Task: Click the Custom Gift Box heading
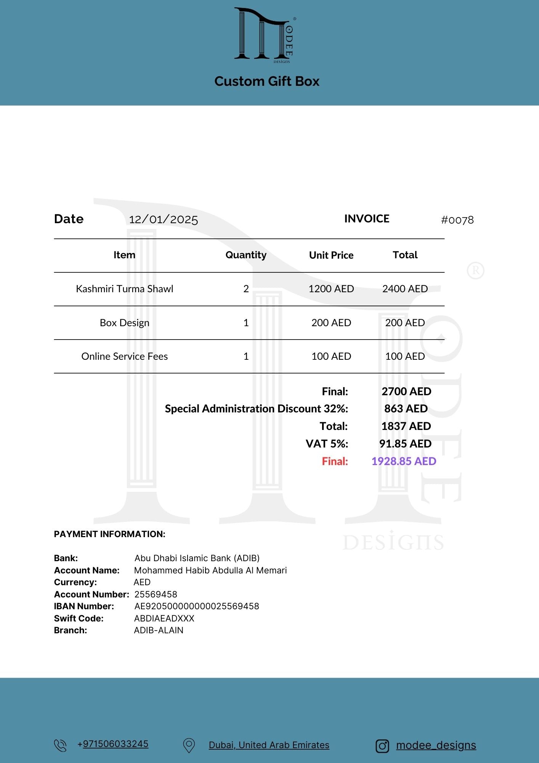(x=267, y=81)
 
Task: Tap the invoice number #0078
(x=457, y=220)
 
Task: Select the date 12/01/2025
(x=163, y=220)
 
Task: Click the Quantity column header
(x=246, y=255)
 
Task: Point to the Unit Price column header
(x=331, y=255)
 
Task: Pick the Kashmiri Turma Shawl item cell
(x=124, y=289)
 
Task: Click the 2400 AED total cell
(x=405, y=289)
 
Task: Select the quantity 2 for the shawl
(x=246, y=289)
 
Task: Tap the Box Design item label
(x=124, y=323)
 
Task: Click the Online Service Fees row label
(x=124, y=356)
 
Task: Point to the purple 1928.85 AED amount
(x=404, y=461)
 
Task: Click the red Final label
(x=335, y=461)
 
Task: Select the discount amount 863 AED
(x=406, y=409)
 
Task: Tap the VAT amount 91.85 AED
(x=405, y=444)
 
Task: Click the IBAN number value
(x=196, y=606)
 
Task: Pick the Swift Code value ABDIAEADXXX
(x=164, y=618)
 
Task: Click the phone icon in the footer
(x=60, y=745)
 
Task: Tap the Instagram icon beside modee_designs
(x=382, y=746)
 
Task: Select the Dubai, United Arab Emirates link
(x=269, y=745)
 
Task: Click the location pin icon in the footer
(x=189, y=745)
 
